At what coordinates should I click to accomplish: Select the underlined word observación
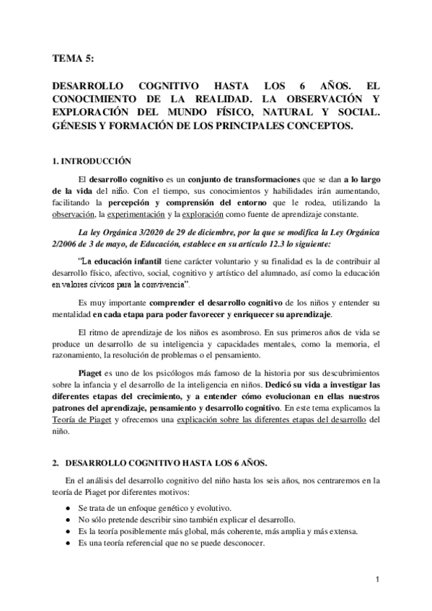(76, 215)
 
